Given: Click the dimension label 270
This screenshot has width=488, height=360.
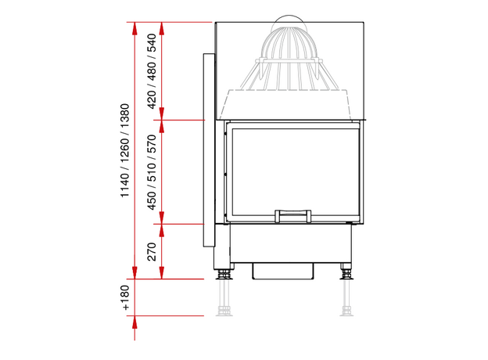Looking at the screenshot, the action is point(152,252).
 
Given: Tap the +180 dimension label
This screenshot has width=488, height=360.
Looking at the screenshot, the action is point(125,297).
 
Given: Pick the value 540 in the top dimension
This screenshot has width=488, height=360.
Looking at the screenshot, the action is point(152,43).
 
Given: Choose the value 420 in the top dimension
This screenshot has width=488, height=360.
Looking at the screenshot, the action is point(152,99).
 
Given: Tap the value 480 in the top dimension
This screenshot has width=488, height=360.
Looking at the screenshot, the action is point(152,71).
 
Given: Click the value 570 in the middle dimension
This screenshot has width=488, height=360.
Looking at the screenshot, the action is point(152,144).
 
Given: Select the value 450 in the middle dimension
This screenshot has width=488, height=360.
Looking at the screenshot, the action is point(152,200).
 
